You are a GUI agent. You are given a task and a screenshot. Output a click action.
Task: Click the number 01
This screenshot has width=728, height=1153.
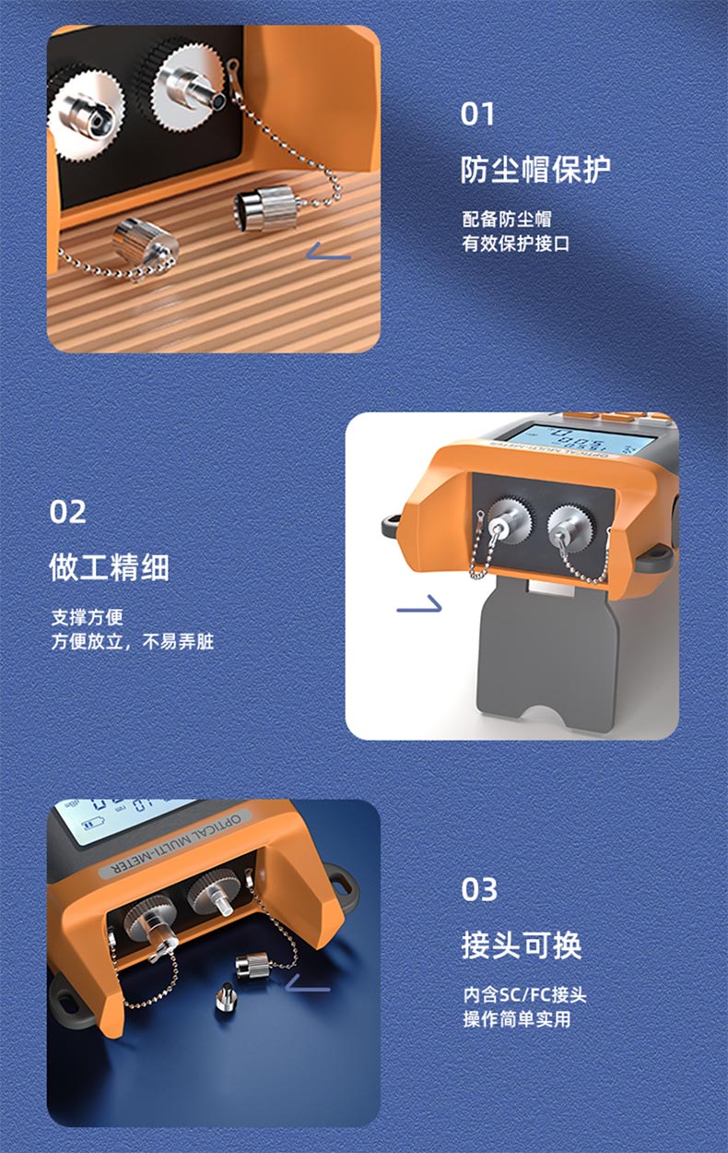tap(477, 113)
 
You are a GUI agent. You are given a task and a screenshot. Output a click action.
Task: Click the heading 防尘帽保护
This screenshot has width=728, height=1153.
tap(535, 170)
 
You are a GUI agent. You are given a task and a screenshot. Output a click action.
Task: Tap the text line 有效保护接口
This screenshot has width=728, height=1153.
tap(516, 244)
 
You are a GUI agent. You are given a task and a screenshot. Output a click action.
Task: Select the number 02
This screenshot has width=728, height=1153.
tap(67, 512)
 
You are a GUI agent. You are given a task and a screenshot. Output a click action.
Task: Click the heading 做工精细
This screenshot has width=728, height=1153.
tap(109, 567)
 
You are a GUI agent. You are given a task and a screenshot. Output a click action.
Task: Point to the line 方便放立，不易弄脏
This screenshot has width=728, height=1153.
tap(132, 642)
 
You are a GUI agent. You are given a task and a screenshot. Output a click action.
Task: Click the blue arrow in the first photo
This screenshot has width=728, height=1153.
tap(328, 252)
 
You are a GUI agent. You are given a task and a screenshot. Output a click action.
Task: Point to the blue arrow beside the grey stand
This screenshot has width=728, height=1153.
tap(419, 604)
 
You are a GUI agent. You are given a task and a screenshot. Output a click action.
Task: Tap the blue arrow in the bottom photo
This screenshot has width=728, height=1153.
tap(308, 982)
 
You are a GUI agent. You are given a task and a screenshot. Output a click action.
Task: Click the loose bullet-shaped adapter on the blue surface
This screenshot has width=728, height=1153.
tap(225, 996)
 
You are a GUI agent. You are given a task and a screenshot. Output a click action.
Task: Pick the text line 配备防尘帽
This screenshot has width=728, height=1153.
tap(507, 220)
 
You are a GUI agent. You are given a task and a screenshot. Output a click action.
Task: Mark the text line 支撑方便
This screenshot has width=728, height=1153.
tap(87, 618)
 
